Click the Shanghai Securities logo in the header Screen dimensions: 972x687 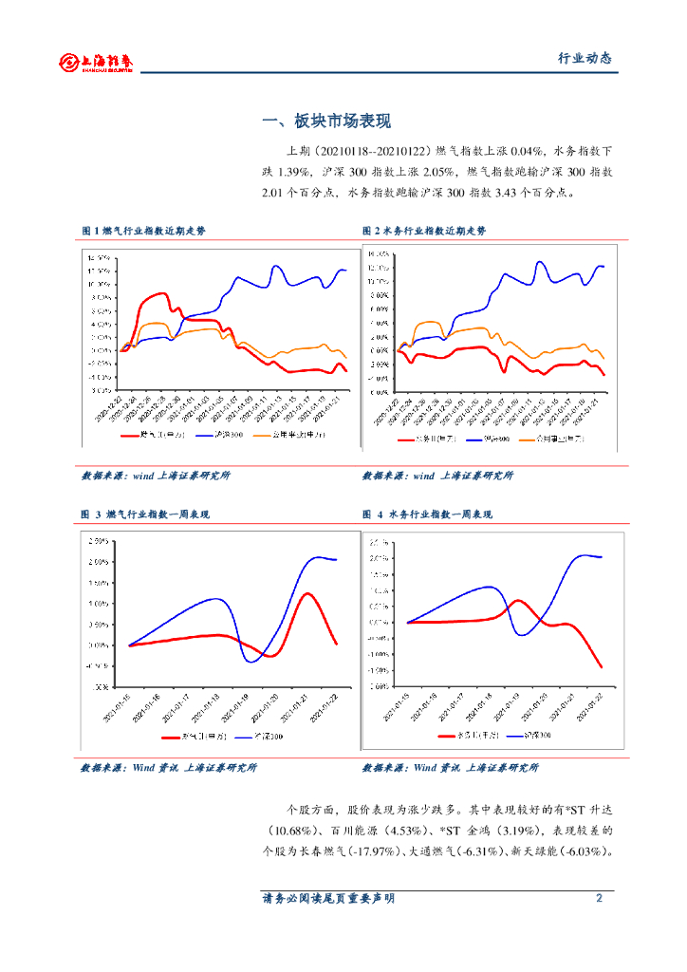coord(95,63)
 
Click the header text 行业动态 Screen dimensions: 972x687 coord(584,58)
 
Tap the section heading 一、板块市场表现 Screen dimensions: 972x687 coord(325,121)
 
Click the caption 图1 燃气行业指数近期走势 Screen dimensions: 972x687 coord(142,231)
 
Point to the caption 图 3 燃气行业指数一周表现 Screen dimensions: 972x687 coord(145,514)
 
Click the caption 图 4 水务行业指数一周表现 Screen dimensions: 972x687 coord(427,514)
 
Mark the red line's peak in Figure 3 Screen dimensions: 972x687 coord(306,593)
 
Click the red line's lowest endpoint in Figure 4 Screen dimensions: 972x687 coord(602,667)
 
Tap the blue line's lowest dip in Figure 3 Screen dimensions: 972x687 coord(251,661)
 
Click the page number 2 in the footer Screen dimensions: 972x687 coord(599,898)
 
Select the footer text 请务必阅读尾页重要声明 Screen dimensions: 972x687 coord(328,898)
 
